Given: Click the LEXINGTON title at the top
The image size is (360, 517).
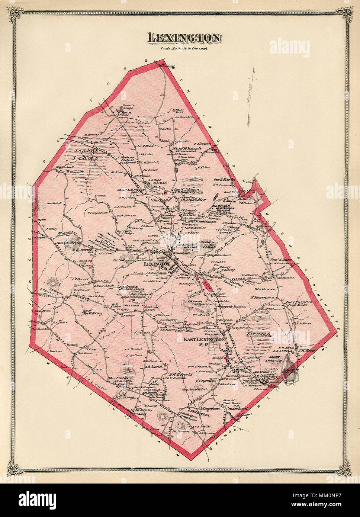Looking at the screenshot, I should (x=185, y=38).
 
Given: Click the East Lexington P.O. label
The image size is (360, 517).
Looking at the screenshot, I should (x=204, y=342).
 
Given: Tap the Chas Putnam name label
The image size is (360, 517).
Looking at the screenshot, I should (x=298, y=302).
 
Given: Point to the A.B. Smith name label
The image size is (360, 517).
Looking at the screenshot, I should (x=152, y=366).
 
